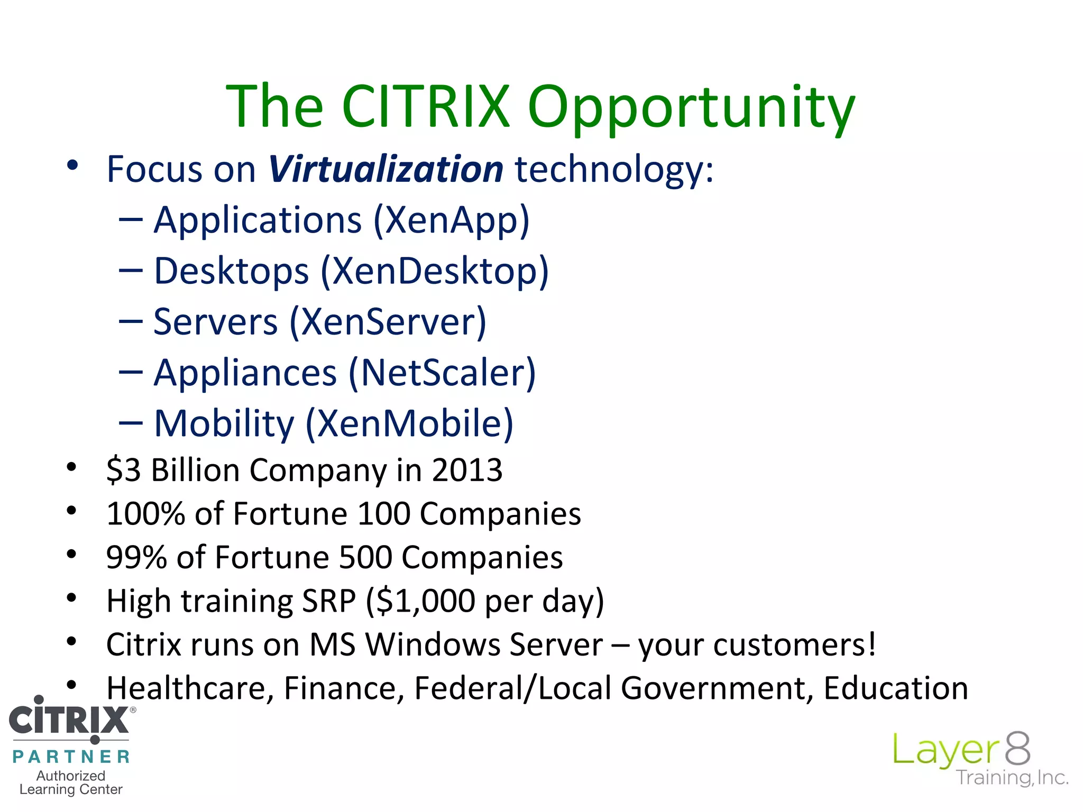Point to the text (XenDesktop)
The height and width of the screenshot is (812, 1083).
click(x=435, y=271)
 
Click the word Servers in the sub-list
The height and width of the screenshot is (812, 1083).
click(x=215, y=322)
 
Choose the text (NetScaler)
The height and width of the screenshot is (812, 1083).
click(x=442, y=373)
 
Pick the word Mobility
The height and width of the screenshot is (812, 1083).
click(x=224, y=424)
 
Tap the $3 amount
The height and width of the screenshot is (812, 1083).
click(x=123, y=470)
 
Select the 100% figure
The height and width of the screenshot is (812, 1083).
click(x=145, y=514)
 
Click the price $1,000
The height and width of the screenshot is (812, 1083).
click(x=426, y=601)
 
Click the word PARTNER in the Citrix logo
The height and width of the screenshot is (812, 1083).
click(x=71, y=756)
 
